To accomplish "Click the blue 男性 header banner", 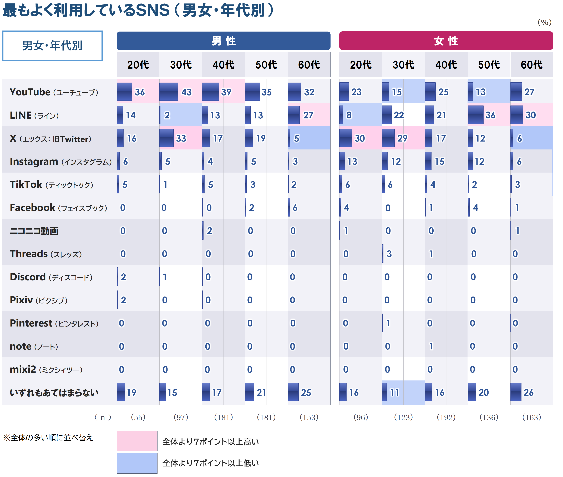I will (x=223, y=41).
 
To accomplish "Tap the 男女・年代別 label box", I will (x=52, y=46).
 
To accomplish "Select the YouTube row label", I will (x=54, y=92).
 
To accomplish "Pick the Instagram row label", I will (x=60, y=161).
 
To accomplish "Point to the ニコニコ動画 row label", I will (x=34, y=231).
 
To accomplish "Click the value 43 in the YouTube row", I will (x=186, y=92).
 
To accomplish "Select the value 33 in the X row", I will (x=181, y=138).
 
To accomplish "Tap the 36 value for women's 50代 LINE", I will (x=490, y=115).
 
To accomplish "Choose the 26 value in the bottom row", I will (x=528, y=392).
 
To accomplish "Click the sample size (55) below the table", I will (x=138, y=417).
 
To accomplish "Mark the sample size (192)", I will (x=446, y=417).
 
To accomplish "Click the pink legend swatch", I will (x=137, y=441).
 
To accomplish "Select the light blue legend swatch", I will (x=137, y=463).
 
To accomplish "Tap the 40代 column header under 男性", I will (x=224, y=65).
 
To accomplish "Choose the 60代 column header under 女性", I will (x=531, y=65).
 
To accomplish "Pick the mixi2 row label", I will (x=46, y=369).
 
